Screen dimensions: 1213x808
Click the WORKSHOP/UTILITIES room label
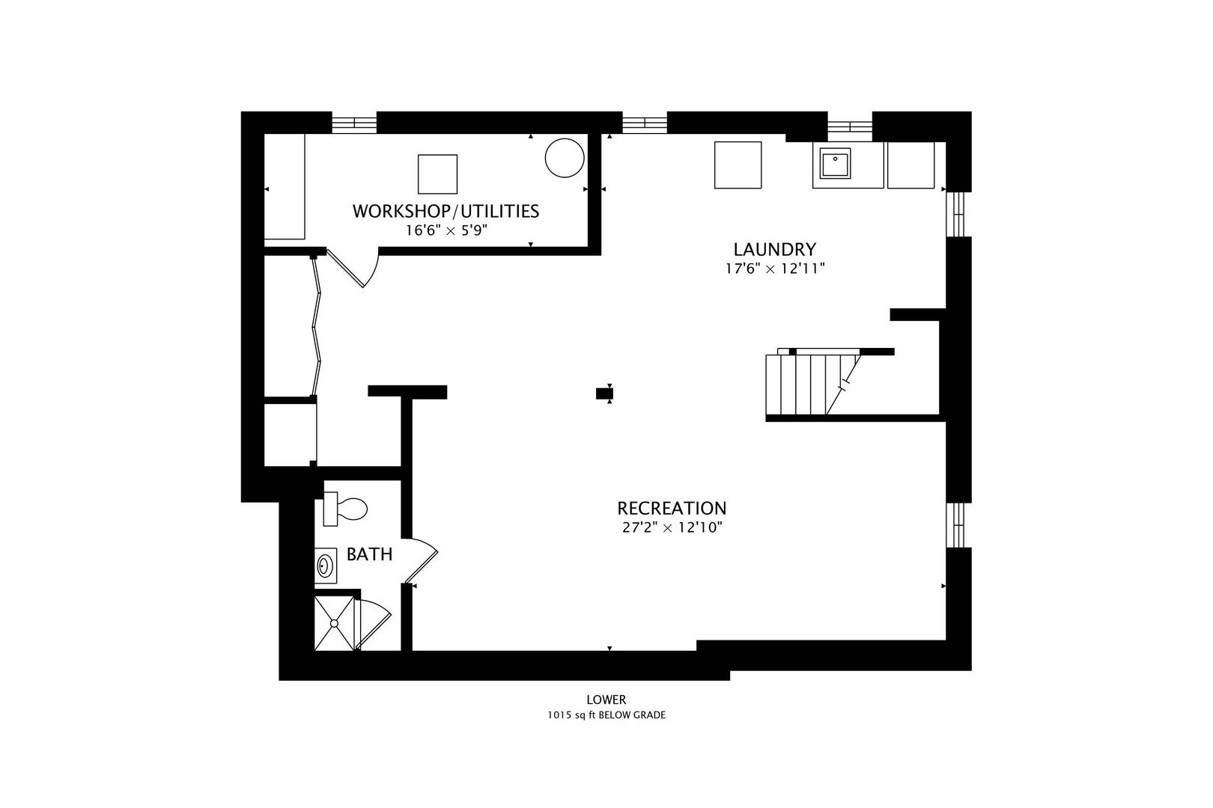tap(446, 211)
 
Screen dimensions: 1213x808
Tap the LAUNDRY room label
tap(774, 249)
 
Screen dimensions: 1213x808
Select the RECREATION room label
tap(672, 508)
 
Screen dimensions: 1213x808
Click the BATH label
tap(369, 554)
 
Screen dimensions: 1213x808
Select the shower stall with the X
tap(334, 623)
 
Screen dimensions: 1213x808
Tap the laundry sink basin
tap(835, 163)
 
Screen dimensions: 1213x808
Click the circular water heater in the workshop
tap(565, 158)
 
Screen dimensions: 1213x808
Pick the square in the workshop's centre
tap(437, 174)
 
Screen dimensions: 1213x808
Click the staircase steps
tap(812, 385)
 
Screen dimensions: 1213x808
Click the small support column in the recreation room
tap(604, 394)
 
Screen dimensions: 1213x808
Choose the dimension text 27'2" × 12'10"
tap(672, 527)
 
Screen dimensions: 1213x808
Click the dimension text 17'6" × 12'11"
tap(775, 269)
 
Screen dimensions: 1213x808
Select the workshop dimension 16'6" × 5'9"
tap(447, 230)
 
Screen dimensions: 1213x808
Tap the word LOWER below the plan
tap(606, 700)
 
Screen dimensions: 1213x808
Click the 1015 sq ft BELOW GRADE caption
tap(606, 715)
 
